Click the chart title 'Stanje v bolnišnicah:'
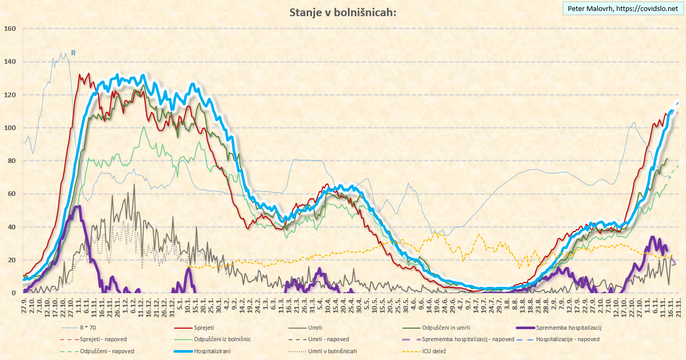coord(343,13)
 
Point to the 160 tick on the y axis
coord(10,28)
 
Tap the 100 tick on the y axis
coord(10,127)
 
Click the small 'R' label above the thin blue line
coord(74,52)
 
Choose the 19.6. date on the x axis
coord(435,308)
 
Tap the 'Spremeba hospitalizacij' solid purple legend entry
coord(470,327)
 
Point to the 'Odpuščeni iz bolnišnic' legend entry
coord(223,339)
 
